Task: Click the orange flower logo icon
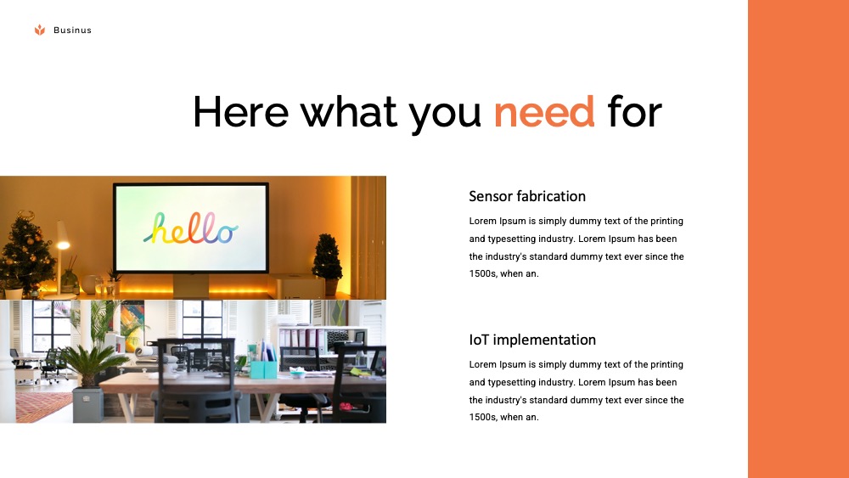[x=40, y=30]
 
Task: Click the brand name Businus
[x=72, y=31]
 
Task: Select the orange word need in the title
[x=544, y=112]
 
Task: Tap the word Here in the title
[x=240, y=111]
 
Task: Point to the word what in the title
[x=349, y=111]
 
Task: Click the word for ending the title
[x=634, y=111]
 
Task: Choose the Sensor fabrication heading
[x=527, y=196]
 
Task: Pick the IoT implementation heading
[x=532, y=340]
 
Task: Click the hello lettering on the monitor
[x=190, y=228]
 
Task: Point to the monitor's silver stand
[x=190, y=285]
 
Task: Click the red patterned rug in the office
[x=42, y=406]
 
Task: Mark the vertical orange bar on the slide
[x=799, y=239]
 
